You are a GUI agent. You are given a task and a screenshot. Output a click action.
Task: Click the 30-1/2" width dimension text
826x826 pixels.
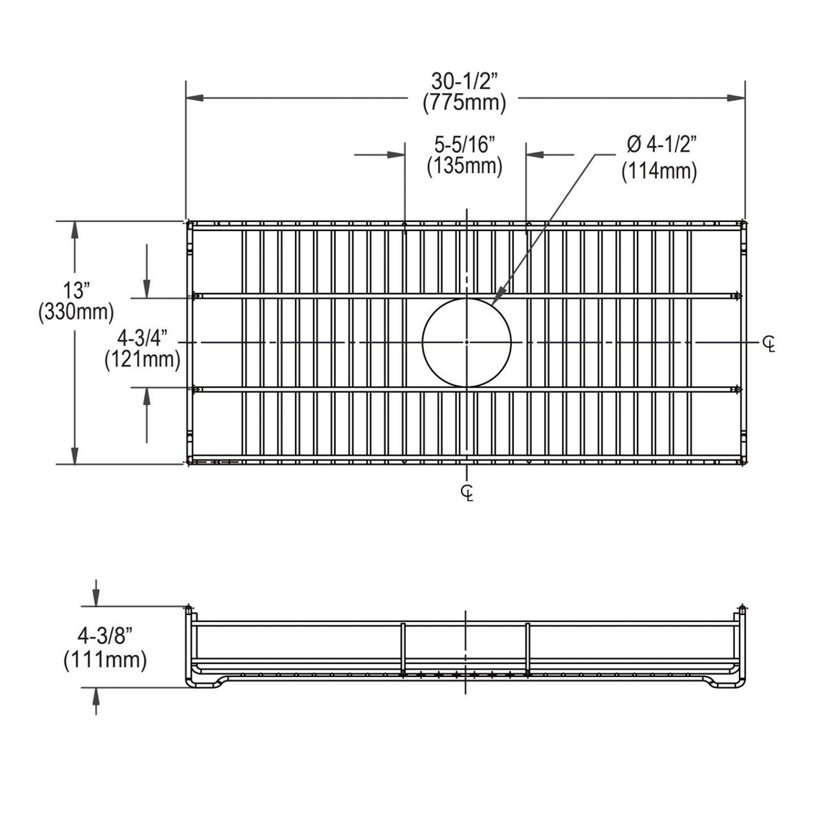click(464, 81)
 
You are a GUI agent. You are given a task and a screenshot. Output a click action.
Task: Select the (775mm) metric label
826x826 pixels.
click(464, 103)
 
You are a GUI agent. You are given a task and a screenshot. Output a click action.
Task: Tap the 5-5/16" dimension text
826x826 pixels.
click(464, 143)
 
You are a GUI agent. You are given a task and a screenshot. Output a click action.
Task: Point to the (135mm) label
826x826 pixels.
click(464, 166)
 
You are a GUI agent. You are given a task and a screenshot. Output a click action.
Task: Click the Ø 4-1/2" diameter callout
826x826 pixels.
click(659, 143)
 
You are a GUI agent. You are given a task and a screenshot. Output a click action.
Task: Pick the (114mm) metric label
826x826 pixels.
click(659, 172)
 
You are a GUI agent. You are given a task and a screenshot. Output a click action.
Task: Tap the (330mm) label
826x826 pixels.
click(76, 312)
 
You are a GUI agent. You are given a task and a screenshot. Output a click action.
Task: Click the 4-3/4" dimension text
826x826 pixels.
click(143, 337)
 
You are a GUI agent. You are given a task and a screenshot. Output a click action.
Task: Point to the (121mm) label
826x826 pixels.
click(143, 359)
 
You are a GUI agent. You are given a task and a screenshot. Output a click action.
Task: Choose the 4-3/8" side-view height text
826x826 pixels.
click(105, 636)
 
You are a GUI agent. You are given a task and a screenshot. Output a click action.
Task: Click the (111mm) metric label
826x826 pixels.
click(105, 660)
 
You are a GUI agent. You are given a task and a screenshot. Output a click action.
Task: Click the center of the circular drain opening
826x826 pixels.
click(467, 342)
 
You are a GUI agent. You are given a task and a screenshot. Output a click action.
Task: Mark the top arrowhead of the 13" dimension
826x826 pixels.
click(76, 230)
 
